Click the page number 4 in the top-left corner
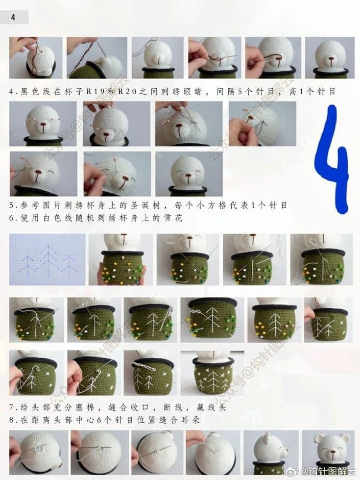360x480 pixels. (13, 17)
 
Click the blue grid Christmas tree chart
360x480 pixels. (48, 259)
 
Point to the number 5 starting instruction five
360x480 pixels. (12, 205)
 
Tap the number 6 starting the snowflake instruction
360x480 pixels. (12, 218)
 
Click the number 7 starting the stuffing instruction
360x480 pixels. (12, 407)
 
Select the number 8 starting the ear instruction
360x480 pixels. (12, 420)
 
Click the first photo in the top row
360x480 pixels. (36, 57)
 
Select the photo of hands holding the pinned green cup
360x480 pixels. (120, 259)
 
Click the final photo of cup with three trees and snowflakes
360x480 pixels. (212, 373)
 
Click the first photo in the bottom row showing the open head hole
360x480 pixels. (39, 453)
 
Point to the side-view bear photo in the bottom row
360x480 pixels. (271, 453)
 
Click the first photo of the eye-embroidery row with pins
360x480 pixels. (43, 124)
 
